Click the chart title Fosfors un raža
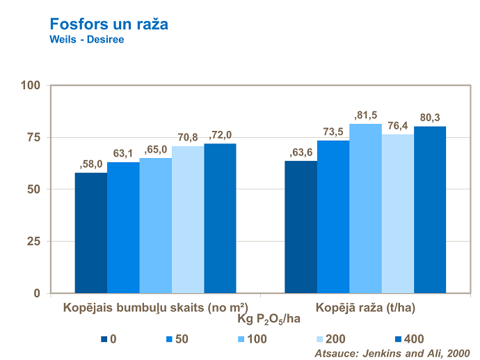[109, 24]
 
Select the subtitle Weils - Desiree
[86, 40]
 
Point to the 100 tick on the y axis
[31, 86]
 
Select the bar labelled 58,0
[91, 233]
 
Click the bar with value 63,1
[123, 228]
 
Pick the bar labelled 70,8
[188, 219]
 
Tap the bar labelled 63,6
[301, 227]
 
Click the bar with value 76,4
[397, 213]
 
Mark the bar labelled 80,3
[430, 210]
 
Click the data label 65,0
[155, 150]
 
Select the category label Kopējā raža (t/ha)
[366, 306]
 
